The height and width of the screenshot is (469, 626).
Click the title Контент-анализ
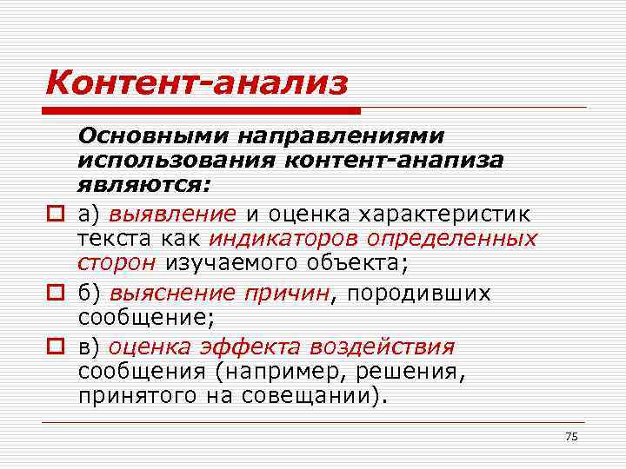(x=196, y=83)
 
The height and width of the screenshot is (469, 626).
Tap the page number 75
(x=570, y=436)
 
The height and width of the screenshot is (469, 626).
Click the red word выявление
(x=172, y=214)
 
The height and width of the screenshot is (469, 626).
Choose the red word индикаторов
(x=284, y=238)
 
